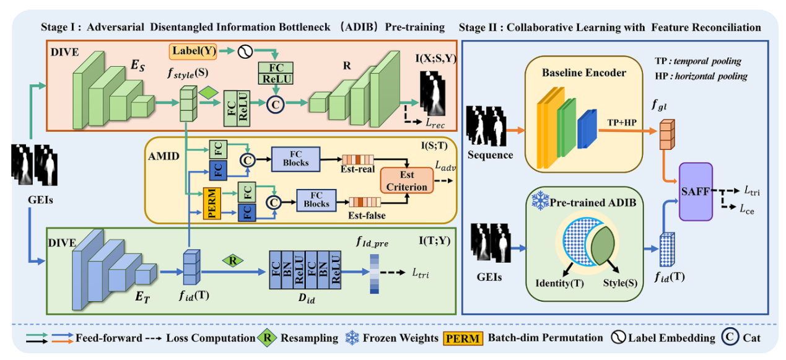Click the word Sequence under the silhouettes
coord(491,154)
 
